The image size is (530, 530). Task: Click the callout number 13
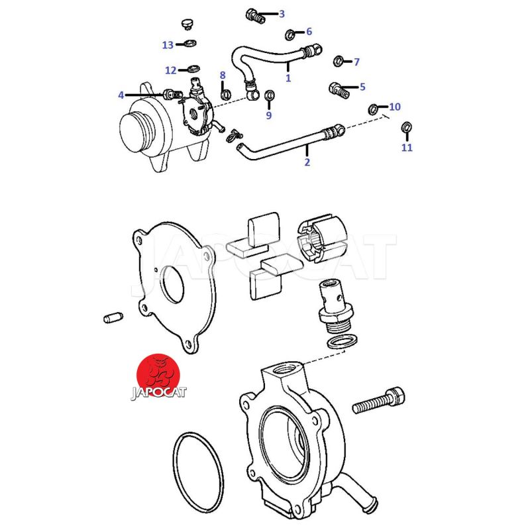tap(168, 45)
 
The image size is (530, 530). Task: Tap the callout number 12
tap(171, 70)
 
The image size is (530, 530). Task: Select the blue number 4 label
tap(121, 95)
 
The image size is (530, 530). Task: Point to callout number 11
tap(407, 147)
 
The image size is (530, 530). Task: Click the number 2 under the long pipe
tap(307, 162)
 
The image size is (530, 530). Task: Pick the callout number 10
tap(395, 107)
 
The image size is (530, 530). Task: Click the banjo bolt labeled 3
tap(255, 15)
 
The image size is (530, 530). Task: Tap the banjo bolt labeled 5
tap(339, 90)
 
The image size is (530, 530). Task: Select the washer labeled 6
tap(290, 34)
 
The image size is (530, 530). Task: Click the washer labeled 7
tap(338, 62)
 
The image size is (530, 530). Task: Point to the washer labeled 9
tap(269, 95)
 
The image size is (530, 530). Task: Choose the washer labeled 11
tap(407, 127)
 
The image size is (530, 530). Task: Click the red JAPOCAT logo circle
tap(158, 375)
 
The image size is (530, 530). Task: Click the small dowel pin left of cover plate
tap(113, 318)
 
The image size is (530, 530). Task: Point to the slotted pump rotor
tap(322, 238)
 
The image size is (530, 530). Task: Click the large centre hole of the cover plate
tap(173, 284)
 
